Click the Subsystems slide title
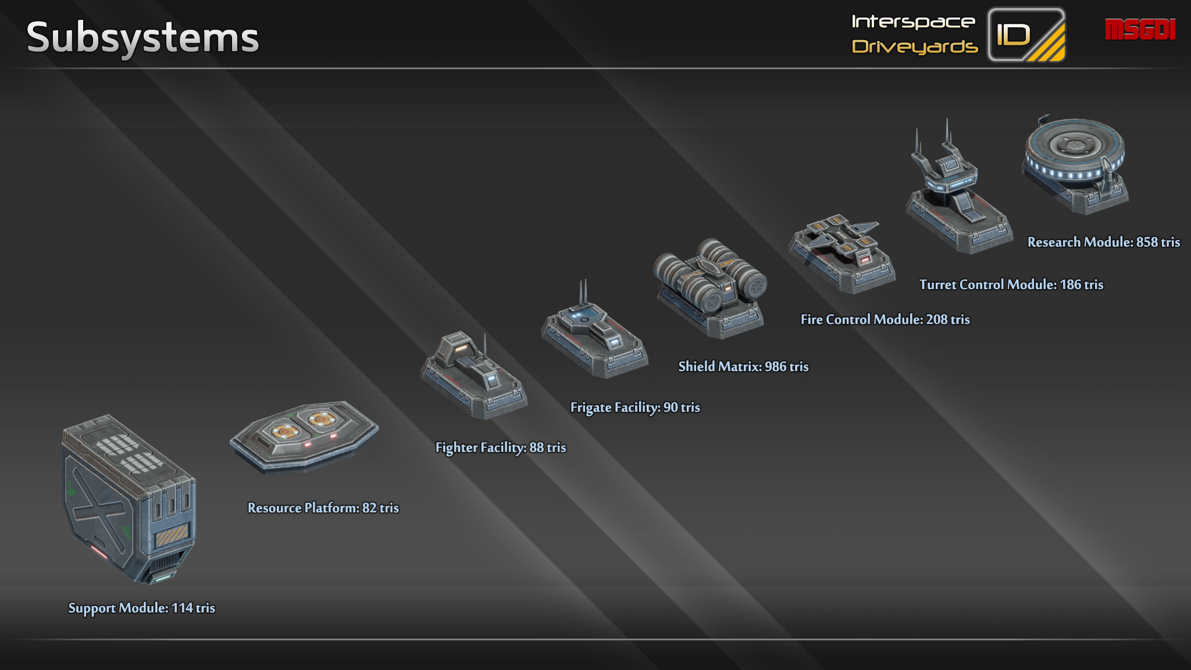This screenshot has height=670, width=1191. (142, 37)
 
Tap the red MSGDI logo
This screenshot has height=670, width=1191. (1140, 30)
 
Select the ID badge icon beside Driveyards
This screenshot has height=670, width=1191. (1026, 35)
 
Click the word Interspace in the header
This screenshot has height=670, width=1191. (913, 22)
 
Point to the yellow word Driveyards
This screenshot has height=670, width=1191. (914, 47)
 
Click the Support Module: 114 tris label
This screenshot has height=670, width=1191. (141, 608)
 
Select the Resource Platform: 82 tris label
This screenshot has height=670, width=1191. (323, 508)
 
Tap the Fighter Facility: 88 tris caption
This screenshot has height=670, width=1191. (500, 447)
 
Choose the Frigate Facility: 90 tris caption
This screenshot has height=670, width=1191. (635, 407)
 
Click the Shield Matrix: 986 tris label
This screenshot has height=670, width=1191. (743, 366)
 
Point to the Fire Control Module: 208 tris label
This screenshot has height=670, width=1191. (885, 319)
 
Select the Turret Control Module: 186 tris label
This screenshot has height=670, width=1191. (1011, 284)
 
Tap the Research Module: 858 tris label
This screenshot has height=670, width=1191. (1103, 242)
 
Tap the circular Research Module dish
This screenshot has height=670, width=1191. (1075, 151)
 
